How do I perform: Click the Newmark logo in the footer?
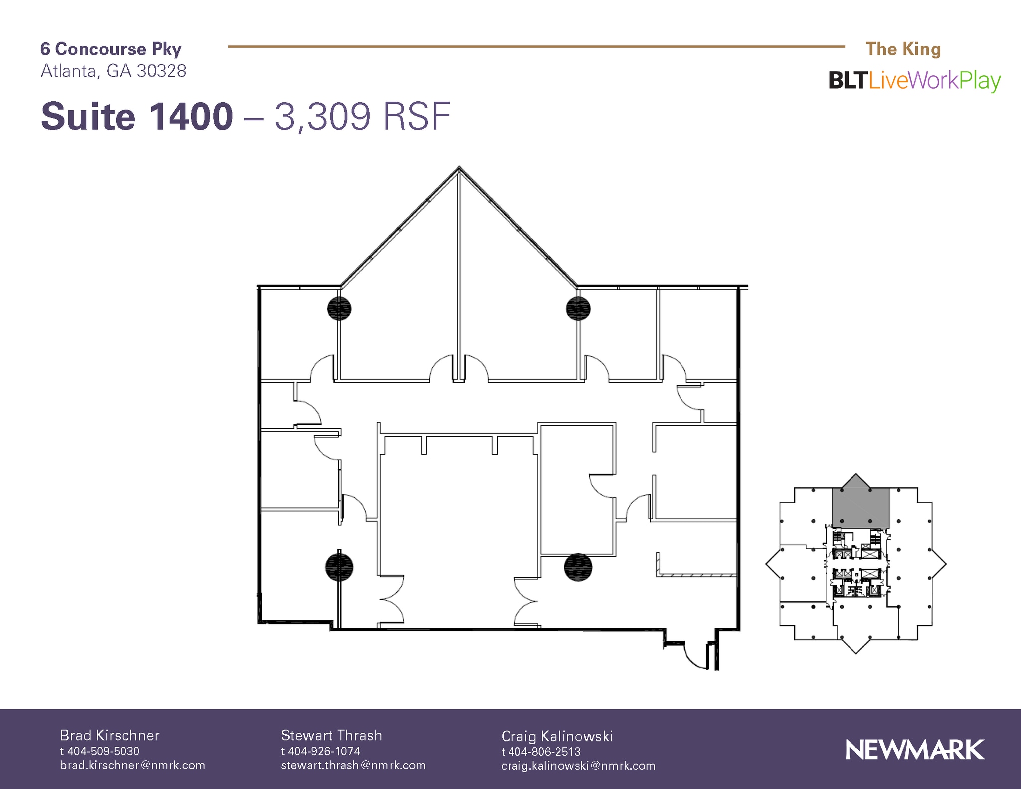coord(914,750)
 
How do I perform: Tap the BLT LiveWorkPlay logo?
coord(914,81)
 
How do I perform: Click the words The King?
coord(903,49)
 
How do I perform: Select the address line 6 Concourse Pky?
coord(111,49)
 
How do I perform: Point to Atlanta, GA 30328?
coord(114,71)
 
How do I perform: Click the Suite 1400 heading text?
coord(137,117)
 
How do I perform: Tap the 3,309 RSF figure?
coord(362,117)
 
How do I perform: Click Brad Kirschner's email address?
coord(133,765)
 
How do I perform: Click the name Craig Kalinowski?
coord(557,736)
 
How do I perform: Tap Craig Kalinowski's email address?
coord(578,766)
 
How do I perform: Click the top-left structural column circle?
coord(339,309)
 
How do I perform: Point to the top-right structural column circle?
coord(578,308)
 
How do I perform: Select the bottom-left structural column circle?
coord(339,567)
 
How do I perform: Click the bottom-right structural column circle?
coord(578,567)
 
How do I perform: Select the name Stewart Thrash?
coord(332,735)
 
